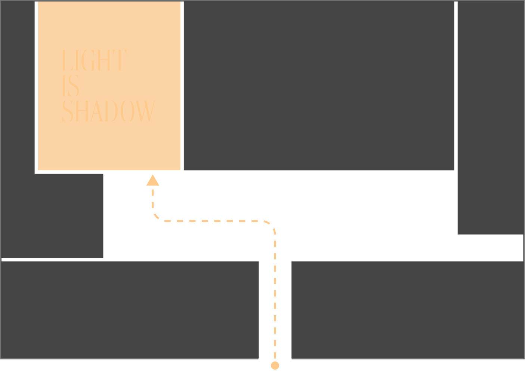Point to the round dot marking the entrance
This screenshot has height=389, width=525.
(x=275, y=365)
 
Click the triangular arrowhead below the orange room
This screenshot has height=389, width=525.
(x=153, y=181)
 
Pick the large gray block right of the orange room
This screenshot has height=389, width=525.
(x=319, y=86)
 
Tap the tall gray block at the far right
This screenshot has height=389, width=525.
(x=490, y=118)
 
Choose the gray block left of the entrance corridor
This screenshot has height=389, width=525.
(x=129, y=310)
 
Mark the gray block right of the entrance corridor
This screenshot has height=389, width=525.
(x=408, y=310)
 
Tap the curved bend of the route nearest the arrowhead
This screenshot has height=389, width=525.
(x=156, y=217)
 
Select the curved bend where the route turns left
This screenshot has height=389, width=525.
(x=271, y=225)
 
